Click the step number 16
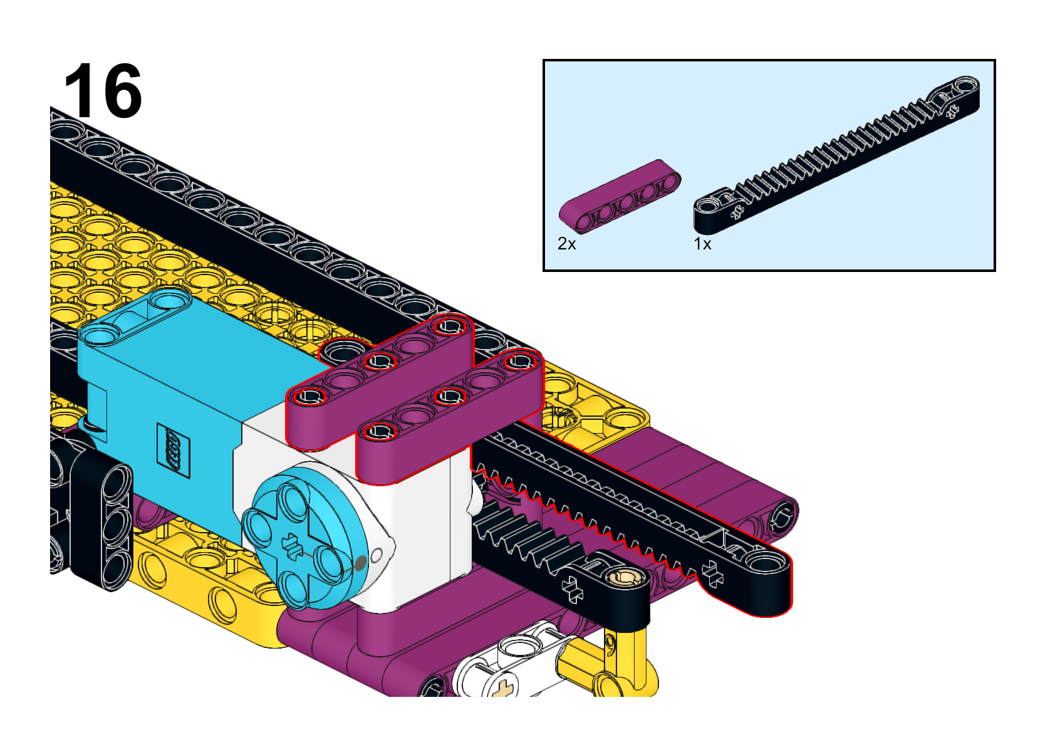pyautogui.click(x=103, y=90)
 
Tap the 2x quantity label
pyautogui.click(x=566, y=244)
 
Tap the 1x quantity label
pyautogui.click(x=703, y=244)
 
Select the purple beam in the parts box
pyautogui.click(x=620, y=196)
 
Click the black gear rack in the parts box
pyautogui.click(x=836, y=155)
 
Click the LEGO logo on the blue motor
pyautogui.click(x=174, y=451)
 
